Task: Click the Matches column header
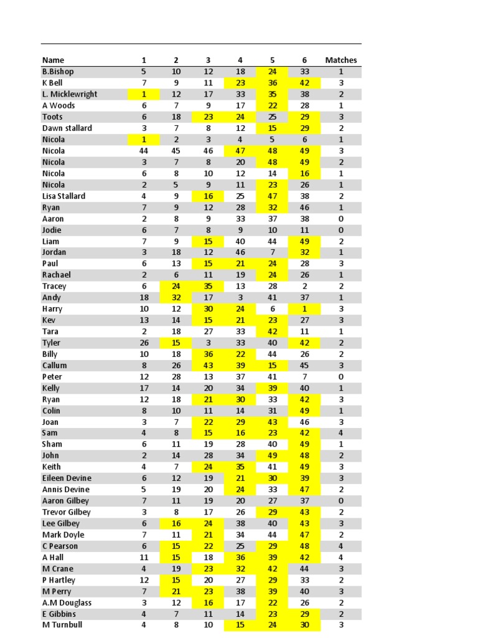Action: tap(341, 60)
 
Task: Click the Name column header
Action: tap(53, 60)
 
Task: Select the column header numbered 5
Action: tap(272, 60)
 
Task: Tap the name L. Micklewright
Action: tap(70, 94)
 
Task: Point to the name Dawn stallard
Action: tap(67, 128)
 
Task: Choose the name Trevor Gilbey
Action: tap(67, 512)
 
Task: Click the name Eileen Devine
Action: tap(67, 478)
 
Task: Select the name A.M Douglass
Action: tap(67, 602)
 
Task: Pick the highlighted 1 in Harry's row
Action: tap(305, 309)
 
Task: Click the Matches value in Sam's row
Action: tap(341, 433)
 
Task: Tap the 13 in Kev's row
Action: tap(144, 320)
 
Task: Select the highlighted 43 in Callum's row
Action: tap(208, 365)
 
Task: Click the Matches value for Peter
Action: tap(341, 377)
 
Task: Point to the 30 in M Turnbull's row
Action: tap(305, 625)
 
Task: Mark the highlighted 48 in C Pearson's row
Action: tap(305, 546)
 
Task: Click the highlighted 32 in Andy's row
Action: tap(176, 298)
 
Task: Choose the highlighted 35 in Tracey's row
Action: tap(208, 287)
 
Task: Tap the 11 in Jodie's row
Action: tap(305, 230)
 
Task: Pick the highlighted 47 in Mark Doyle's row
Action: tap(305, 535)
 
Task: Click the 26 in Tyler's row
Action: tap(144, 343)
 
